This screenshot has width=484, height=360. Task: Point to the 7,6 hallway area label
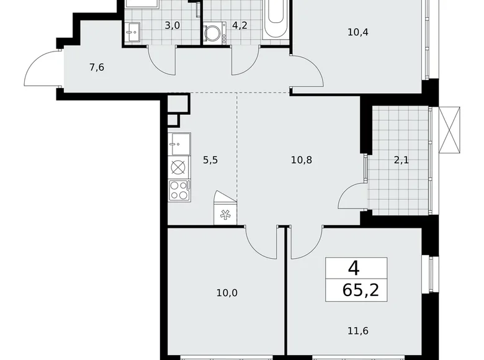(96, 67)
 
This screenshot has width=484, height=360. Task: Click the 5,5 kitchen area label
(210, 160)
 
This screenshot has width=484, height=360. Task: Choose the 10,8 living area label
(301, 160)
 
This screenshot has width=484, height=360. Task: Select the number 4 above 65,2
(353, 268)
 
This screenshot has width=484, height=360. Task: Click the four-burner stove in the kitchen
(178, 190)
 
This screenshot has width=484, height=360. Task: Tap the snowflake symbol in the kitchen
(224, 214)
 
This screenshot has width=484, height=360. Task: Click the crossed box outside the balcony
(450, 128)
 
